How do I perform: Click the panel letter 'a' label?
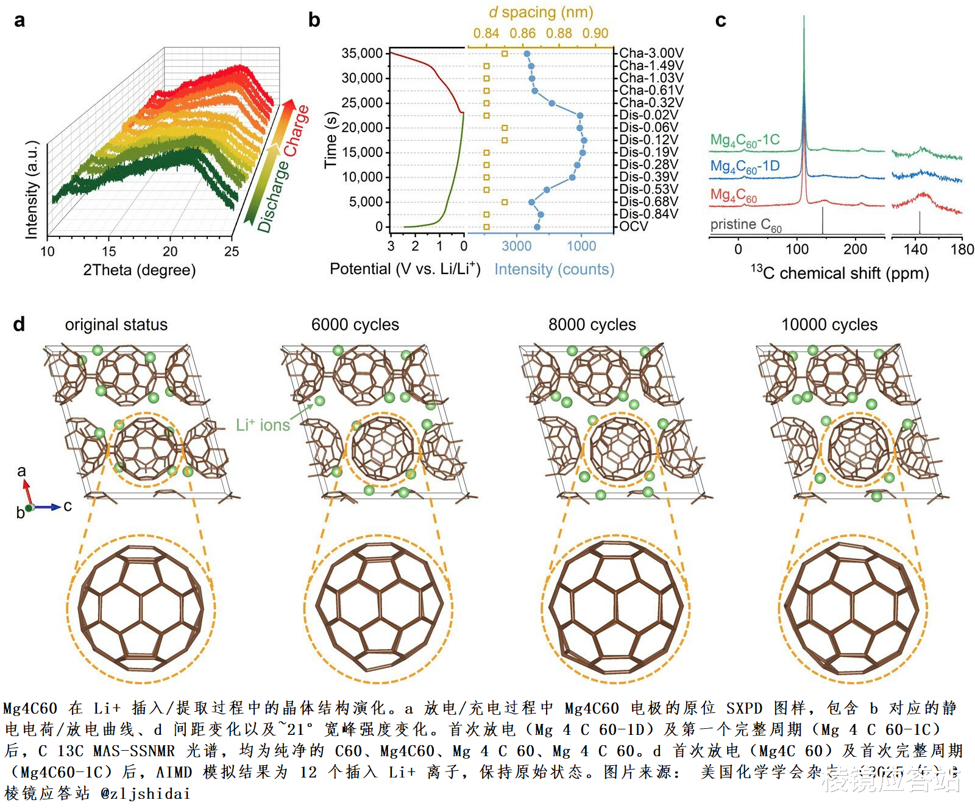tap(19, 21)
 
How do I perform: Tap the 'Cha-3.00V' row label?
tap(651, 54)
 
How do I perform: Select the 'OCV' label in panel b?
tap(634, 226)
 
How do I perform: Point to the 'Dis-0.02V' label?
tap(648, 115)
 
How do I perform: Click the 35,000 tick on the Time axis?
tap(362, 54)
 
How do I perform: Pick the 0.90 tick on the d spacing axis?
tap(595, 33)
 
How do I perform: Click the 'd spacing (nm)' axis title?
tap(541, 12)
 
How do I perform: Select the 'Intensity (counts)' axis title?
tap(554, 269)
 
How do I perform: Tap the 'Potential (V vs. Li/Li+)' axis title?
tap(405, 269)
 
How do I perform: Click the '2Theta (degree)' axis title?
tap(139, 270)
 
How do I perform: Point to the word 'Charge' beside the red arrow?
tap(296, 130)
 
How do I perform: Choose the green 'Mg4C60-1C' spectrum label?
tap(745, 140)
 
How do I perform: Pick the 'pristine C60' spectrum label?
tap(745, 225)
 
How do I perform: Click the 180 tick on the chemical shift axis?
tap(962, 249)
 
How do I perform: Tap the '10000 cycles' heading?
tap(829, 325)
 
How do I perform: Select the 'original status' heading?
tap(116, 325)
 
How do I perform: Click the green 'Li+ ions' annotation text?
tap(263, 425)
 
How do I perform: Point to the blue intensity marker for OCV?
tap(537, 227)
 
